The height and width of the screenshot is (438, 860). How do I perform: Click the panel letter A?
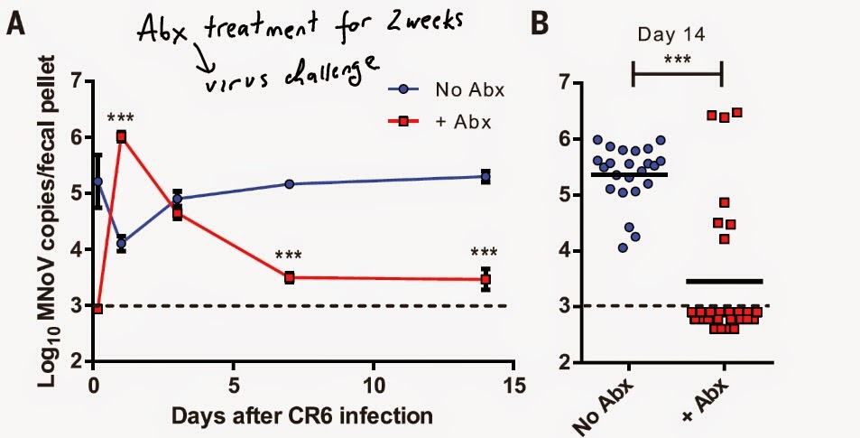(x=15, y=24)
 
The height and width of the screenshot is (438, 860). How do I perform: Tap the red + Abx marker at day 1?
(x=121, y=137)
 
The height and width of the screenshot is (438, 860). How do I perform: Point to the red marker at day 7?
(x=290, y=278)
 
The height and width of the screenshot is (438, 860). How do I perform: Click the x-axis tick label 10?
(x=372, y=382)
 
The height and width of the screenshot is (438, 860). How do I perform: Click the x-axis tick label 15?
(x=513, y=382)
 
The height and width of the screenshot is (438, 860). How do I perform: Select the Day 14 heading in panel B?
(x=679, y=39)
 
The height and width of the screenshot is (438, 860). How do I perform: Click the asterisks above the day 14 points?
(x=485, y=253)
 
